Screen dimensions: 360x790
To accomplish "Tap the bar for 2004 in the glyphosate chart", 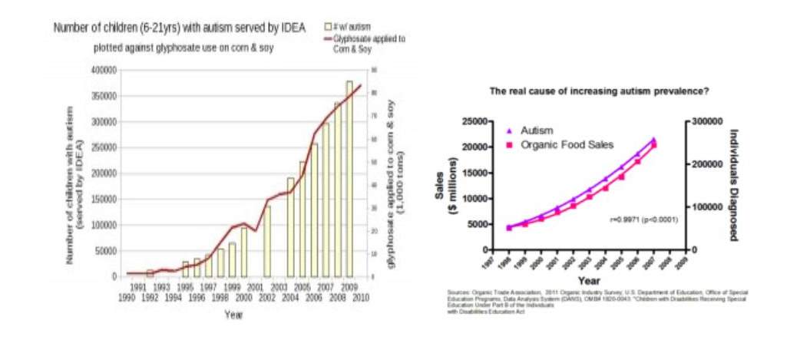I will (x=291, y=227).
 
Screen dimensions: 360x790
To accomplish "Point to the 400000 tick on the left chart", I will (x=104, y=70).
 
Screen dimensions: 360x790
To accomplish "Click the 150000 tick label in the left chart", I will (x=104, y=200).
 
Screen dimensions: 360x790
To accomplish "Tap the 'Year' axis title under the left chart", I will (x=234, y=315).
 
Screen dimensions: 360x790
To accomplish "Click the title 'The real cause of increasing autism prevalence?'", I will (x=599, y=90).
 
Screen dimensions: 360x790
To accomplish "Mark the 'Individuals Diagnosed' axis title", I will (x=735, y=185).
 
